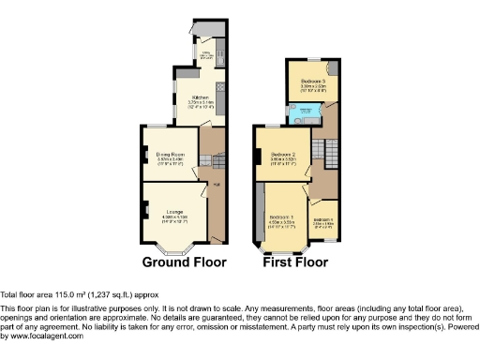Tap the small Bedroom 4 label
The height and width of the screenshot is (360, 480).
tap(323, 221)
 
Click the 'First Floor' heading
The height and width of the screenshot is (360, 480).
tap(296, 262)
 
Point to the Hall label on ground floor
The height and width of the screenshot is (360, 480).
tap(216, 185)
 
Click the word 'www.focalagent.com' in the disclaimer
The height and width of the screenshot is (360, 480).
tap(42, 336)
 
